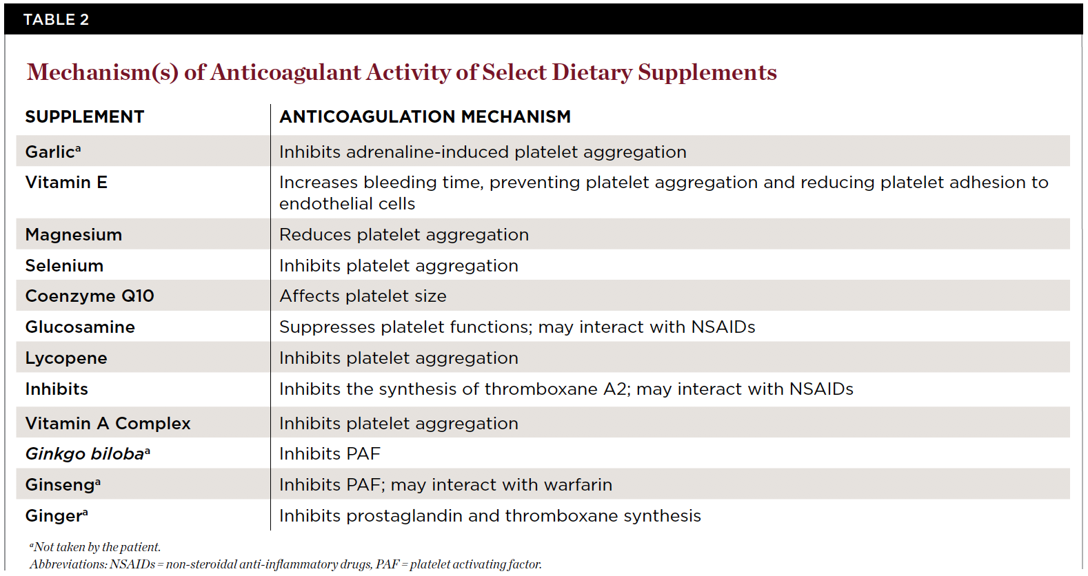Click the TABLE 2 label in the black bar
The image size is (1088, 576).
(56, 19)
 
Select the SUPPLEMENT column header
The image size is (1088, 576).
(85, 117)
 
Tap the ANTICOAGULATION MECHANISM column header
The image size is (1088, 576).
(425, 117)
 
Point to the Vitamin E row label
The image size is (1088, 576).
(66, 183)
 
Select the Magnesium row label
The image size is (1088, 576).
(73, 235)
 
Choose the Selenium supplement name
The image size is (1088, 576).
(64, 266)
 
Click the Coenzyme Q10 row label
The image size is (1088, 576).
(90, 296)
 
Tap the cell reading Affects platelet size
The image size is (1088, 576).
(363, 296)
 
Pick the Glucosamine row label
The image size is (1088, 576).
(80, 327)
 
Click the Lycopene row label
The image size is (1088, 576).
(66, 358)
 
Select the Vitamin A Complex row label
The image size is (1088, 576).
(108, 424)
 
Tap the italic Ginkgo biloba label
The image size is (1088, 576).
(85, 454)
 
